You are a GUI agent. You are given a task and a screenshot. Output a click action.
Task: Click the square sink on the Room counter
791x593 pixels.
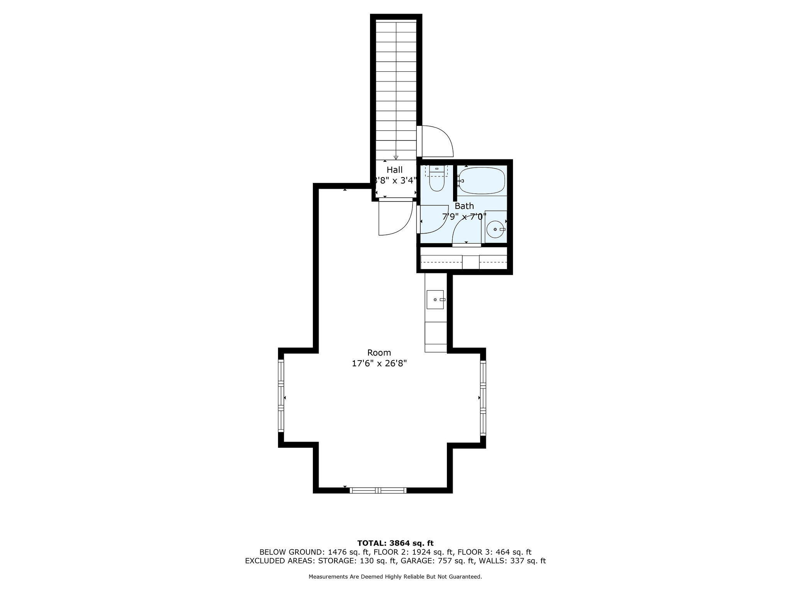click(435, 300)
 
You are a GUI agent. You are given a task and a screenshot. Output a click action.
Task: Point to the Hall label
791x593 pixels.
click(394, 170)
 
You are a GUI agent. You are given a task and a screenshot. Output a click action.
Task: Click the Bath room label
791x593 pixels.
click(464, 206)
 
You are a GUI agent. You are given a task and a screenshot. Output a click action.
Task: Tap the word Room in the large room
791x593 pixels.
click(379, 352)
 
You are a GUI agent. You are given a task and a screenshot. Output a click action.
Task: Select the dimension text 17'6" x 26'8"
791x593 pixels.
click(379, 363)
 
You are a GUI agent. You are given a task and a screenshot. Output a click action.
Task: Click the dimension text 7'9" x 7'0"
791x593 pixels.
click(463, 217)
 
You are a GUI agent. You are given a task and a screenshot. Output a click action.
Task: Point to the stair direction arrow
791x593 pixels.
click(396, 157)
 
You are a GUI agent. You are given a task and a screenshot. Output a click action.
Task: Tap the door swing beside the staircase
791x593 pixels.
click(436, 142)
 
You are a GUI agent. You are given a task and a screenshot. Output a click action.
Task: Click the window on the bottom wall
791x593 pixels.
click(378, 490)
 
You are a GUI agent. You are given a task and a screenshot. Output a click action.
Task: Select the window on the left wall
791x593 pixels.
click(281, 396)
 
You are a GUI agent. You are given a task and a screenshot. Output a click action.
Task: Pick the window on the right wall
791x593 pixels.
click(483, 398)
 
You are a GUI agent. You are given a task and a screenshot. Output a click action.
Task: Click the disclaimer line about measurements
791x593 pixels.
click(395, 577)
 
